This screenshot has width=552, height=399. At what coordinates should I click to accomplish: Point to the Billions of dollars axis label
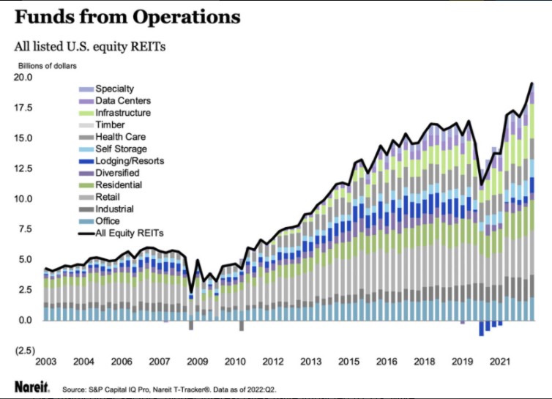click(x=48, y=66)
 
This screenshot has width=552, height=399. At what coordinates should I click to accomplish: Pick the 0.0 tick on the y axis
click(x=25, y=321)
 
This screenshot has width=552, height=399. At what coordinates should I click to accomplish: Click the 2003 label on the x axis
click(x=45, y=362)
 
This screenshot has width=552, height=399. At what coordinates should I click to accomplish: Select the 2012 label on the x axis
click(x=272, y=362)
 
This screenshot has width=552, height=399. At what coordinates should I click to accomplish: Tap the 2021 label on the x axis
click(x=499, y=362)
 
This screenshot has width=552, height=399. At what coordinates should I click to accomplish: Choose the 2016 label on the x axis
click(x=386, y=362)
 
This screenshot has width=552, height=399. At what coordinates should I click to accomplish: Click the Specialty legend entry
click(x=114, y=89)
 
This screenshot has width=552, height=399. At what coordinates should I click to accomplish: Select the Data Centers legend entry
click(x=123, y=100)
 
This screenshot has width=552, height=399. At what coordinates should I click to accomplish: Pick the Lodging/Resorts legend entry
click(x=129, y=161)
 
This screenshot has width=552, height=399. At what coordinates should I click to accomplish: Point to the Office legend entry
click(x=108, y=221)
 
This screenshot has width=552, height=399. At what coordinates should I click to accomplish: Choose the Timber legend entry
click(x=110, y=124)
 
